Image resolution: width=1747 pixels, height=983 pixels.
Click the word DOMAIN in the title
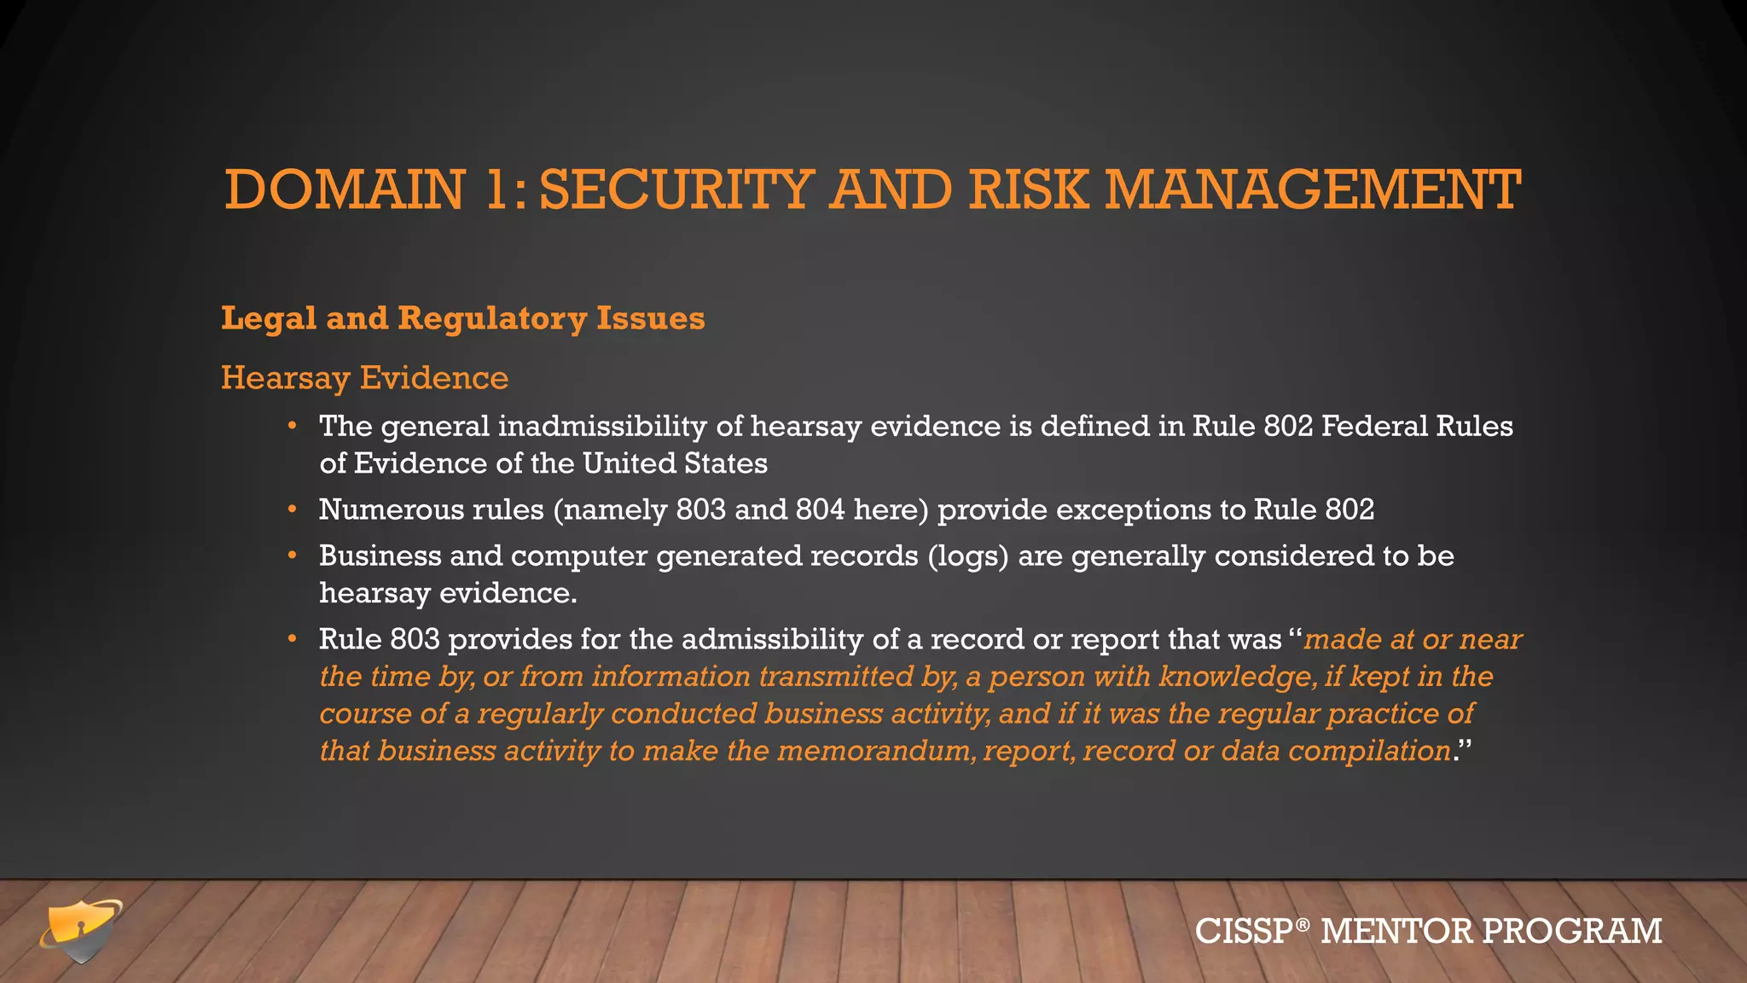click(345, 189)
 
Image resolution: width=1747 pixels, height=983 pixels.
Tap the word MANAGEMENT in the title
click(1313, 189)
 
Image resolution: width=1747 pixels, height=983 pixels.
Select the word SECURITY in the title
click(676, 189)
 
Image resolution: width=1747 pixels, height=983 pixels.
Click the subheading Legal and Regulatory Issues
click(462, 318)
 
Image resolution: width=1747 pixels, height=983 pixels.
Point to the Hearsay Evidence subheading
click(364, 377)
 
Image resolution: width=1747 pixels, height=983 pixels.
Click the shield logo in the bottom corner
click(80, 930)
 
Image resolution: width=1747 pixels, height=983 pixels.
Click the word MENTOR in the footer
click(1396, 931)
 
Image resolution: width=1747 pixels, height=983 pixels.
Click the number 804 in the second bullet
click(820, 509)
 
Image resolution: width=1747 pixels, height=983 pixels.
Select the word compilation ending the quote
click(1369, 751)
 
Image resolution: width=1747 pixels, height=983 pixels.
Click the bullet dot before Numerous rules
click(292, 509)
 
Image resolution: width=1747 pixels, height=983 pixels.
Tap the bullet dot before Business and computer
click(292, 555)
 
